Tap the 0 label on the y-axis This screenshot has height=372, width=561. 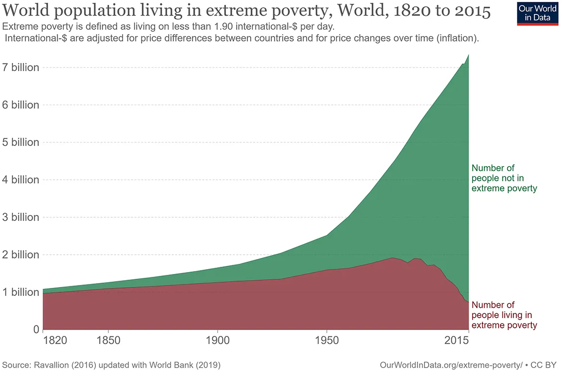pyautogui.click(x=36, y=330)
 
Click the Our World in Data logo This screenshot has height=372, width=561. pyautogui.click(x=537, y=13)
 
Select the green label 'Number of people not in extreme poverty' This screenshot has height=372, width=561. pyautogui.click(x=503, y=178)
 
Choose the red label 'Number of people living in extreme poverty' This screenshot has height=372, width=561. pyautogui.click(x=503, y=315)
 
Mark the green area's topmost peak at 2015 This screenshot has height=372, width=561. pyautogui.click(x=468, y=55)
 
